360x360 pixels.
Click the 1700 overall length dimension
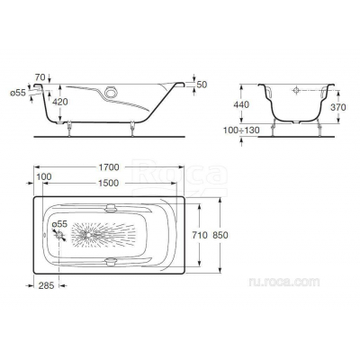[x=109, y=167]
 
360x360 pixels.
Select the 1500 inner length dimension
[x=109, y=183]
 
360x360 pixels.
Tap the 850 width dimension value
[x=220, y=235]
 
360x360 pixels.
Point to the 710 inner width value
[x=200, y=235]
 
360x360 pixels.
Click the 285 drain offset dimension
[x=46, y=285]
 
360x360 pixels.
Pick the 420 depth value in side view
[x=60, y=102]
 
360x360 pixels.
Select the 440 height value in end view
[x=241, y=104]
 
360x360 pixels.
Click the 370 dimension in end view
[x=338, y=107]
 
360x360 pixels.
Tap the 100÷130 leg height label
[x=241, y=130]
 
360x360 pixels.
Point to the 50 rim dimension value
[x=202, y=85]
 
